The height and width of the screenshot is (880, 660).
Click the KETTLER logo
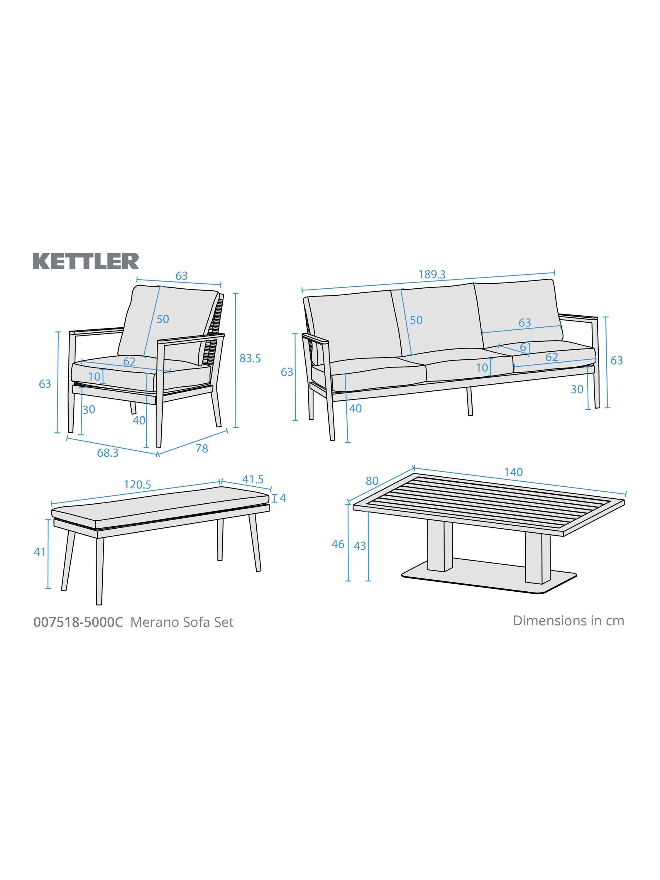pyautogui.click(x=86, y=261)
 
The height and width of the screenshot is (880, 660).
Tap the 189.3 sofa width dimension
pyautogui.click(x=432, y=275)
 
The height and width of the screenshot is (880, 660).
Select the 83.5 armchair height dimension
pyautogui.click(x=250, y=358)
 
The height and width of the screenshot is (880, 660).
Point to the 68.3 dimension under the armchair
pyautogui.click(x=108, y=453)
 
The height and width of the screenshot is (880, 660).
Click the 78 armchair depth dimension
pyautogui.click(x=202, y=448)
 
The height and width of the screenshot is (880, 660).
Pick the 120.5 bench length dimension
pyautogui.click(x=138, y=485)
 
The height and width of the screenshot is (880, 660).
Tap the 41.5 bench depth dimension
pyautogui.click(x=253, y=479)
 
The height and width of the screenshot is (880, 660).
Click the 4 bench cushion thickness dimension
pyautogui.click(x=283, y=498)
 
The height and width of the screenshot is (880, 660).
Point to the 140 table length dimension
pyautogui.click(x=513, y=472)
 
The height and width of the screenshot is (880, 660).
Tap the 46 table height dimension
pyautogui.click(x=338, y=544)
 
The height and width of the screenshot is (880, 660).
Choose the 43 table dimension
pyautogui.click(x=360, y=546)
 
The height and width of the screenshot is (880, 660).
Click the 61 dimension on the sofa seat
pyautogui.click(x=526, y=347)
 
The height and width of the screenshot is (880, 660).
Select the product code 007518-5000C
pyautogui.click(x=78, y=622)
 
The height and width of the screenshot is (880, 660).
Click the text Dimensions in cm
pyautogui.click(x=568, y=621)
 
